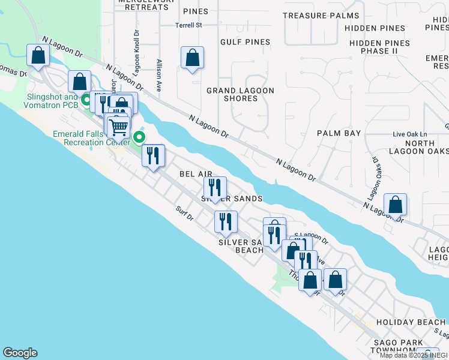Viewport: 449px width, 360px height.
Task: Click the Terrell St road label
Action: [190, 26]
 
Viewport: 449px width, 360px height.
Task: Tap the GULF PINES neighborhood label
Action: [246, 42]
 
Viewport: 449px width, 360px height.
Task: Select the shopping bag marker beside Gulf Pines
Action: [193, 58]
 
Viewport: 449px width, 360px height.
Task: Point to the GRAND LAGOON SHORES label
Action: [240, 94]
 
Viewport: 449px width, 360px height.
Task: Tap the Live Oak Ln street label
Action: [409, 134]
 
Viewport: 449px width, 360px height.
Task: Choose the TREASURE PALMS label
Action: [321, 16]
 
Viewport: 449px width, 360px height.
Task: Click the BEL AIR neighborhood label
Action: [196, 173]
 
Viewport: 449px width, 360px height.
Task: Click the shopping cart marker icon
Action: [119, 127]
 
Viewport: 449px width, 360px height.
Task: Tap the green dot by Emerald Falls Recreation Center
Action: [139, 137]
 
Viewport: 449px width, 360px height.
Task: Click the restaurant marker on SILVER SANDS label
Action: [215, 188]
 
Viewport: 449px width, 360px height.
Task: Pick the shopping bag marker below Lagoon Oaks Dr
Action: [396, 205]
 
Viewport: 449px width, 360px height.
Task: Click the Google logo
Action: [20, 353]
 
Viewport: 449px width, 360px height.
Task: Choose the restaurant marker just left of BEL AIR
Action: [154, 155]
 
